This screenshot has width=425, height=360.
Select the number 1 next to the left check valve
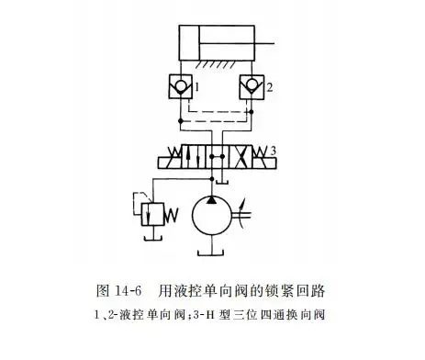pos(207,89)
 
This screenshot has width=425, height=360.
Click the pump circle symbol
pos(214,219)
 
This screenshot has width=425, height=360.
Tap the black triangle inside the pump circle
pos(214,200)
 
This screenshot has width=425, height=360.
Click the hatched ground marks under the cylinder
pos(213,66)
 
